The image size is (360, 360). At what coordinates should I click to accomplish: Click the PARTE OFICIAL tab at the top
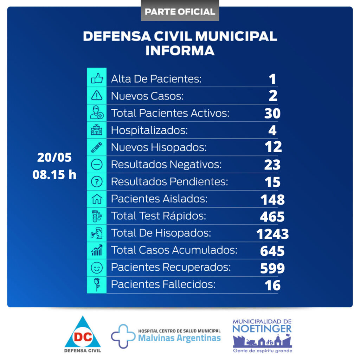point(180,11)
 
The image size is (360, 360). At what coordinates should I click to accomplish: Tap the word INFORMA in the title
point(180,50)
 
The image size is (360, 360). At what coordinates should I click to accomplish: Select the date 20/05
point(54,157)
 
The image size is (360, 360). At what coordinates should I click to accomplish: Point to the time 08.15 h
point(54,174)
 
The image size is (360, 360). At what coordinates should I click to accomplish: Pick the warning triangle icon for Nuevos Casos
point(97,96)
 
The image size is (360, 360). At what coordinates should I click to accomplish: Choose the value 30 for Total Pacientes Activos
point(272,113)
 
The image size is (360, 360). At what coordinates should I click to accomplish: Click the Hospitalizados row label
point(149,130)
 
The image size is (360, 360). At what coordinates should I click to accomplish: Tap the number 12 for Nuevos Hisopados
point(273,147)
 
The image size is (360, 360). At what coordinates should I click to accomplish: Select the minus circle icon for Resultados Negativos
point(97,164)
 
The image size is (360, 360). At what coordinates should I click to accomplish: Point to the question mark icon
point(97,181)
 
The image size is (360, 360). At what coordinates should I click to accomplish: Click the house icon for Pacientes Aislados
point(97,199)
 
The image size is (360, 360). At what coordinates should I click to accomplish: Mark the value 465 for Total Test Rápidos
point(272,217)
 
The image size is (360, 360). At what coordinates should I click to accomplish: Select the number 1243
point(272,234)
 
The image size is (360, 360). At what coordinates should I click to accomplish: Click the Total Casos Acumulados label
point(174,250)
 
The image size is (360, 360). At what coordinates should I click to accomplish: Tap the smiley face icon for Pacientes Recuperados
point(97,268)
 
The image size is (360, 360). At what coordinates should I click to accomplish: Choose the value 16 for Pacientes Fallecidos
point(273,285)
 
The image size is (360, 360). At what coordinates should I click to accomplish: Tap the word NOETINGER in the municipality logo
point(262,329)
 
